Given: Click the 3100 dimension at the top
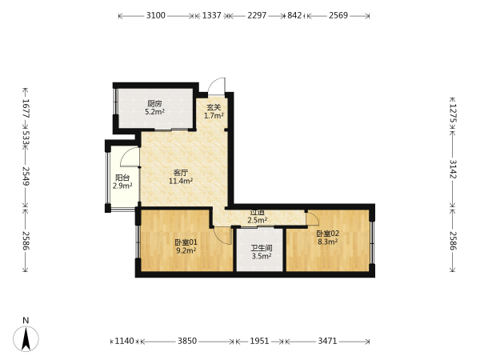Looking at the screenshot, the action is (155, 15).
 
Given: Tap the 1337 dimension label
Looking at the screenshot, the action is (211, 15).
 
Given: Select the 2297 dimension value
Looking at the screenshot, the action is (257, 15).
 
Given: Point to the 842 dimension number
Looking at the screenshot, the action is (294, 15).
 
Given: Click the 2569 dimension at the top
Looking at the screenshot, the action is (338, 15).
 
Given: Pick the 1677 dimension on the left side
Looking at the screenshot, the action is (26, 109).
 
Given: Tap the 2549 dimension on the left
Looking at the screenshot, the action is (26, 176).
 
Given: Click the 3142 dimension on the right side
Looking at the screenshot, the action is (453, 169).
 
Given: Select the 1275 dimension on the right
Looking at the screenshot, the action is (453, 114).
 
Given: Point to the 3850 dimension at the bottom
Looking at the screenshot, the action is (187, 341).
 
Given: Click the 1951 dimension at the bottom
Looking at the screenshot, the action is (259, 341).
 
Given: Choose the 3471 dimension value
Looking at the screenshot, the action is (327, 341).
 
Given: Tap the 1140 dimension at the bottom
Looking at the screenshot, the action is (124, 341).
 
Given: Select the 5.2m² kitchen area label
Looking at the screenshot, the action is (154, 112).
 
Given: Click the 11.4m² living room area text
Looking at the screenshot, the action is (181, 181).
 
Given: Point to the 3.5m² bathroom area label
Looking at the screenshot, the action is (262, 256).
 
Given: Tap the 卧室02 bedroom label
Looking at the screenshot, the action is (327, 234).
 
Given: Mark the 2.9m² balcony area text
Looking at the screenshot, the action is (122, 186).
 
